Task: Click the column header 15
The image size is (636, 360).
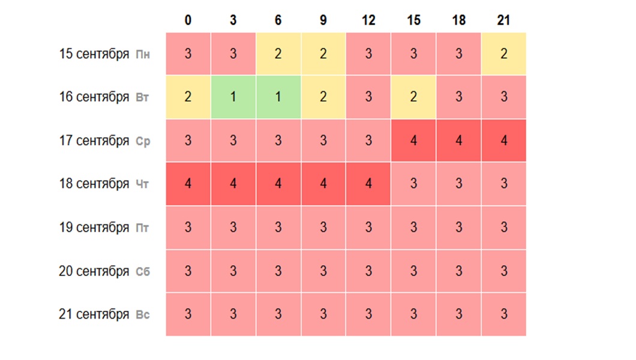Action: [x=413, y=20]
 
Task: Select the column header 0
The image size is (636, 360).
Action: [x=188, y=20]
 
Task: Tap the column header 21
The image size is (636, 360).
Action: [x=503, y=20]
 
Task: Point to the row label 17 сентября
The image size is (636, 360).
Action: [x=94, y=141]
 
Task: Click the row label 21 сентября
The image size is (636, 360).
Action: [x=94, y=314]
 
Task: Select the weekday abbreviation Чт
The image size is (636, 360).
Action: [x=142, y=185]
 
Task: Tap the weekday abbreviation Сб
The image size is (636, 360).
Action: [x=142, y=272]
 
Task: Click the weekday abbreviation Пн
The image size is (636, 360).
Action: [x=143, y=55]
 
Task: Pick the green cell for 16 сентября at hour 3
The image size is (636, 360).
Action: [x=233, y=97]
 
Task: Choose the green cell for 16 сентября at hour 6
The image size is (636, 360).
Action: [x=278, y=97]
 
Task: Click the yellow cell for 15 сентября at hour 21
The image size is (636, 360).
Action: [x=503, y=54]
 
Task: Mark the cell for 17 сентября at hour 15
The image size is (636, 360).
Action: [x=413, y=141]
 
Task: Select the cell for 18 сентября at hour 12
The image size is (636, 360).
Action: [x=368, y=184]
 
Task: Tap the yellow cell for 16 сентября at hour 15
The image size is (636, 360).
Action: [x=413, y=97]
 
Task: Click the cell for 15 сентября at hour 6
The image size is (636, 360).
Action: [x=278, y=54]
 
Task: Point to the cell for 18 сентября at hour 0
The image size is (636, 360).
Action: [x=188, y=184]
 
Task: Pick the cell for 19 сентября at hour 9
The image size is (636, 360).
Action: [x=323, y=227]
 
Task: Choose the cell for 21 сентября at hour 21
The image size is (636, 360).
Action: [x=503, y=314]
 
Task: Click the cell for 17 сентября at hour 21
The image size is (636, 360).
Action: [x=503, y=141]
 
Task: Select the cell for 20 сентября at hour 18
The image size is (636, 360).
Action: [x=458, y=271]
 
